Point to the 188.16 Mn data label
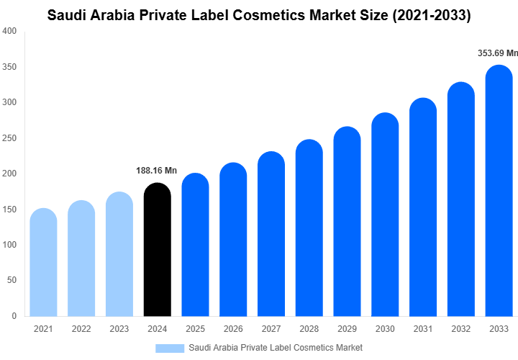tap(156, 171)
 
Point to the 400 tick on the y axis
tap(10, 32)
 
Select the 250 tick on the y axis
tap(10, 138)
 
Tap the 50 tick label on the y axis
tap(12, 280)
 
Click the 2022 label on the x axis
tap(81, 328)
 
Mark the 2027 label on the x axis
tap(271, 328)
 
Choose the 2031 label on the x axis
tap(423, 328)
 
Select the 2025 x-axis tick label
tap(195, 328)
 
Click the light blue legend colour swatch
tap(170, 348)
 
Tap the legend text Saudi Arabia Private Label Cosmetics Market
tap(276, 348)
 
